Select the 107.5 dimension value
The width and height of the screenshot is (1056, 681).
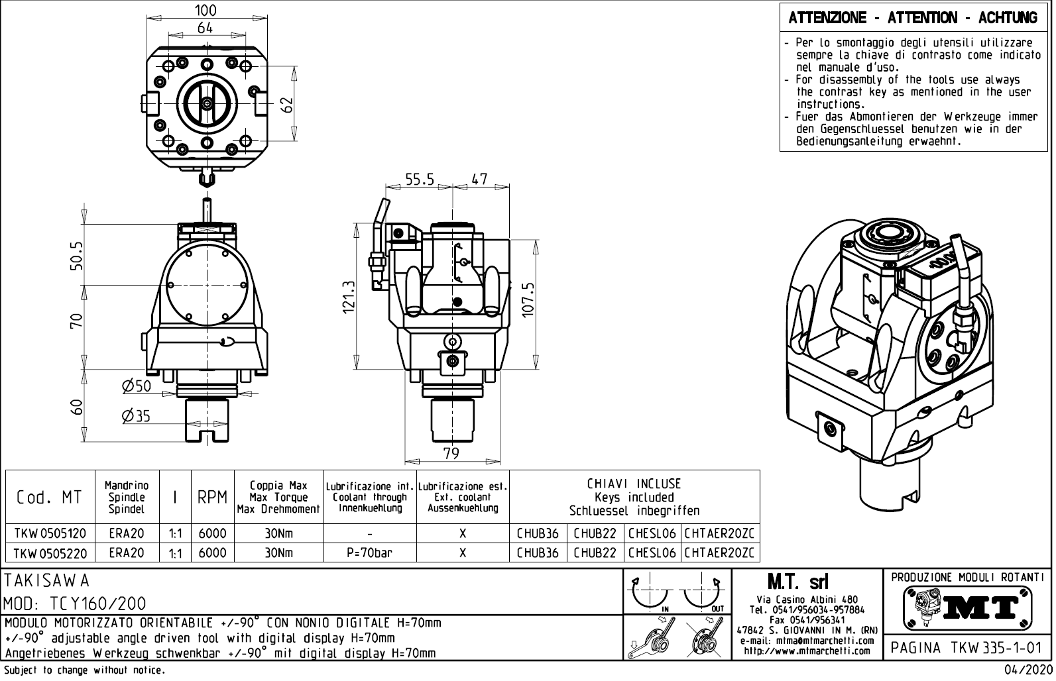(528, 300)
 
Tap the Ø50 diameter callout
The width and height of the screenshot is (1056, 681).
(136, 386)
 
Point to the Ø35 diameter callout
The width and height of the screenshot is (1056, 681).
(136, 415)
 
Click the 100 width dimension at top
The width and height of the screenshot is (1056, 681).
(205, 10)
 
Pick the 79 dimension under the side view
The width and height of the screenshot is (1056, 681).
(451, 454)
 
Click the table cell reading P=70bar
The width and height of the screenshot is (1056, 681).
(369, 552)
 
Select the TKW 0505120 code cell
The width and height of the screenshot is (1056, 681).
(50, 534)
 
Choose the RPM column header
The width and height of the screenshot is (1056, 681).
(212, 498)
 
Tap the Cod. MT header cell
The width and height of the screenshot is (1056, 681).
(50, 498)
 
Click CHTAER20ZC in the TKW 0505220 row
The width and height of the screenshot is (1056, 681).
(719, 552)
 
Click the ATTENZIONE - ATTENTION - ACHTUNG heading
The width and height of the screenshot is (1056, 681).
(913, 18)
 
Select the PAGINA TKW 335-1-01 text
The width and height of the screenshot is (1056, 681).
(968, 647)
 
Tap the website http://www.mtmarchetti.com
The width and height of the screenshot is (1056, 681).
(807, 651)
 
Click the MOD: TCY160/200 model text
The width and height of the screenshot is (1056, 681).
(75, 603)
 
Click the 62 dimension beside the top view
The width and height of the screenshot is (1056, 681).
(286, 105)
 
